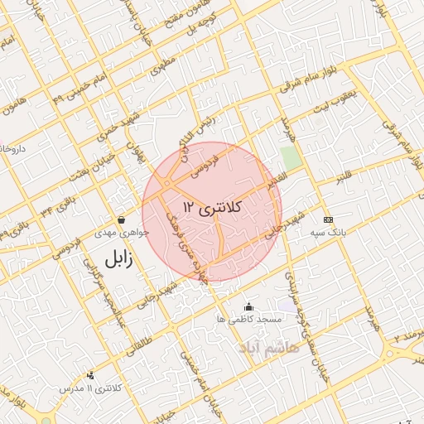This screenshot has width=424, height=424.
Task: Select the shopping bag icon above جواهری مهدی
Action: (122, 219)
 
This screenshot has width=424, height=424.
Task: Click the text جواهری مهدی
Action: (124, 233)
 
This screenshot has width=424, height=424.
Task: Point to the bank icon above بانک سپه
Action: (328, 219)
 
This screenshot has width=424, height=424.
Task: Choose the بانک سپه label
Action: (328, 233)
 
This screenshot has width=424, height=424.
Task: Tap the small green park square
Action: (290, 157)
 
